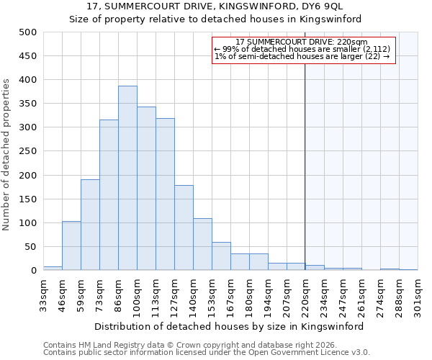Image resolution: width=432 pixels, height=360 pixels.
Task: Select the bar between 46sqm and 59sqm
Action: (x=71, y=246)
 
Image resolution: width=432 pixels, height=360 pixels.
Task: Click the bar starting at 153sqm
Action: (x=221, y=256)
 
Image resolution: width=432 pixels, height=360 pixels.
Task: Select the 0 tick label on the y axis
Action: (x=34, y=271)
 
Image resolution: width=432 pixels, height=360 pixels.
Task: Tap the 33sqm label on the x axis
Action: (x=44, y=295)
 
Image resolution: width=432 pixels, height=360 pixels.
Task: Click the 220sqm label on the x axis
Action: (x=305, y=295)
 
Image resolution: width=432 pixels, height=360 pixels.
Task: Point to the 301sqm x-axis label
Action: (x=418, y=295)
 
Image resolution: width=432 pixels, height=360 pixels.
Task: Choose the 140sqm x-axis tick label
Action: (x=193, y=295)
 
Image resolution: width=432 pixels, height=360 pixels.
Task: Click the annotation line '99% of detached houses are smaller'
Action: (x=302, y=49)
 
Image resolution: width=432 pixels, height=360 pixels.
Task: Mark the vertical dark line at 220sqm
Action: (x=305, y=166)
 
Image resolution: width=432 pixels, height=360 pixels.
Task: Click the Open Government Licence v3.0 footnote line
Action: (x=207, y=353)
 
